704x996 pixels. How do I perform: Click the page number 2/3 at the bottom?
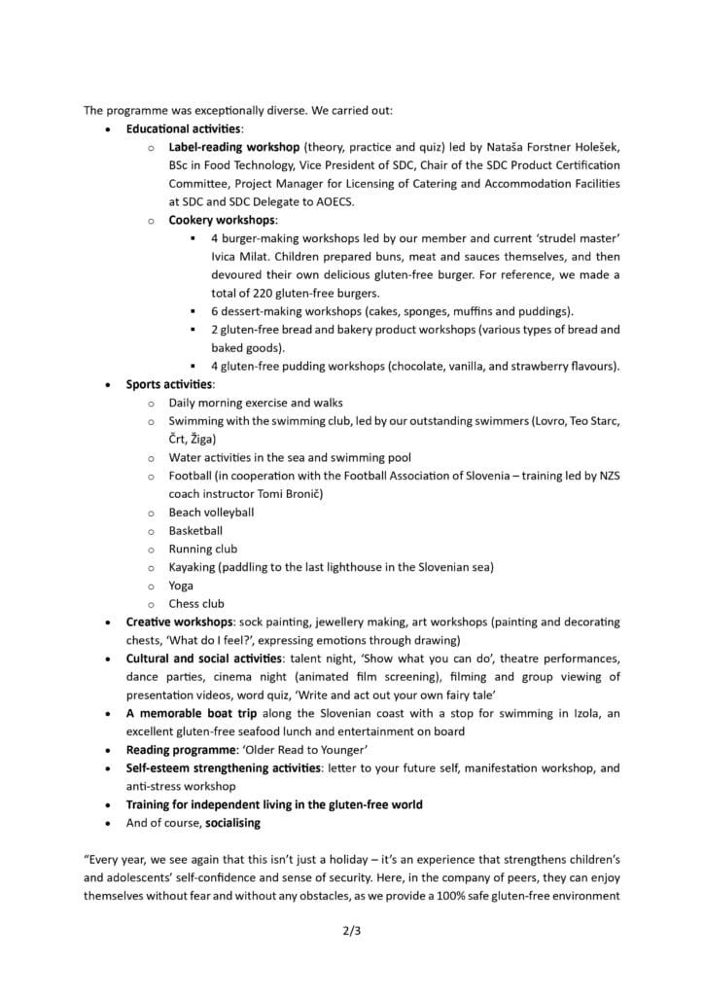pos(351,930)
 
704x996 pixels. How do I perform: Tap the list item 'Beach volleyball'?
pos(211,513)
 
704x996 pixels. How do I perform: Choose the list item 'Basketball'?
pos(195,531)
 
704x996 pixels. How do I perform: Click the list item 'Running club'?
pos(202,549)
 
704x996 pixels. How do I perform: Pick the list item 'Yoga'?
pos(181,586)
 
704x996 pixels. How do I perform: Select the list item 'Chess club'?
pos(196,604)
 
